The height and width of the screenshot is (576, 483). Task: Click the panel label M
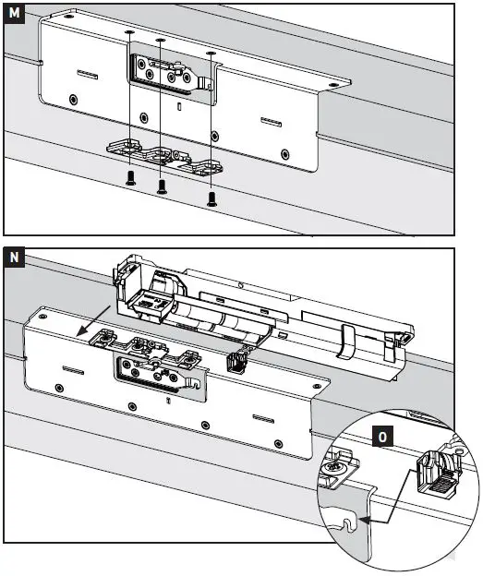[x=14, y=13]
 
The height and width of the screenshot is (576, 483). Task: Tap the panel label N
[x=14, y=257]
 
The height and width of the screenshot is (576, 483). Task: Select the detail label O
[x=382, y=437]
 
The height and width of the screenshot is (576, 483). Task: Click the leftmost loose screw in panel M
[x=130, y=178]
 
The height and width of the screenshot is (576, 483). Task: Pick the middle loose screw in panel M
[x=162, y=186]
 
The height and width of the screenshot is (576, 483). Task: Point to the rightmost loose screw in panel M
[x=211, y=198]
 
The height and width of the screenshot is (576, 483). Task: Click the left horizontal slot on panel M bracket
[x=88, y=74]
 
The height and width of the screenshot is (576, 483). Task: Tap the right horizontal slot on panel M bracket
[x=272, y=122]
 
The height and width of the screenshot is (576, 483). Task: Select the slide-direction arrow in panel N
[x=92, y=321]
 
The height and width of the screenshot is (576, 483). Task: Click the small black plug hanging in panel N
[x=236, y=362]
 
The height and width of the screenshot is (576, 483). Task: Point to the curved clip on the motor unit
[x=345, y=342]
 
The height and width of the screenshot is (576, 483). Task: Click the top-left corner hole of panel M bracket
[x=66, y=17]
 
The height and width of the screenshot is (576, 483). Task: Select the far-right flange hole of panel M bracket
[x=333, y=85]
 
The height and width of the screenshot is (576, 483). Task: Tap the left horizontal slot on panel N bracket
[x=73, y=370]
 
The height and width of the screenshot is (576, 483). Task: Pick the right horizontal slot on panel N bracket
[x=263, y=419]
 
